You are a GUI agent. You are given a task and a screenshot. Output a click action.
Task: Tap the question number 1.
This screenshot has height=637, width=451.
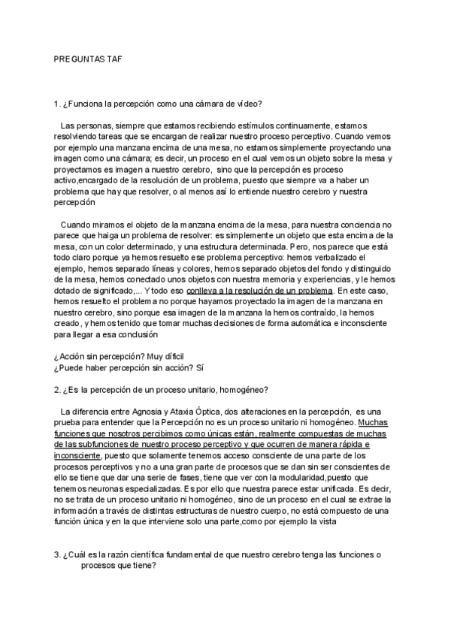tap(56, 104)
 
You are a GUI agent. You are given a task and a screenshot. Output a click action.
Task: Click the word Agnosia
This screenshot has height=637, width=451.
tap(157, 411)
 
